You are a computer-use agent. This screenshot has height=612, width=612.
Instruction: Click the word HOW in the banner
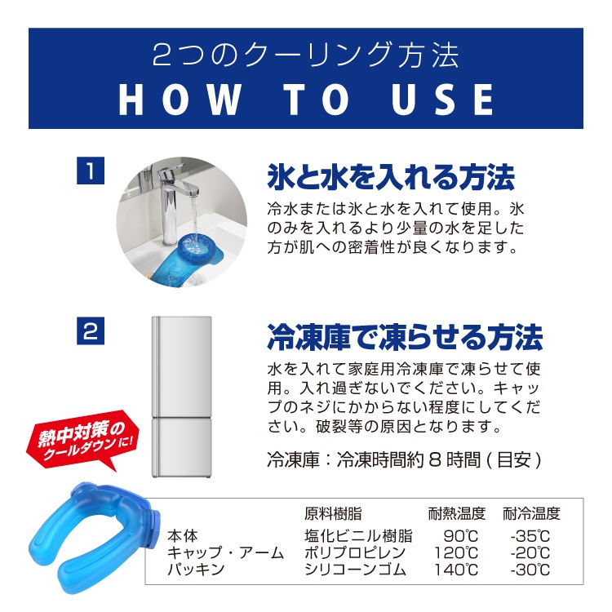(180, 100)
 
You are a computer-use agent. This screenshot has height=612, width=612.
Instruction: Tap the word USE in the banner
(442, 100)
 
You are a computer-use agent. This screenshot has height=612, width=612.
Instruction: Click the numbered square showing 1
(91, 171)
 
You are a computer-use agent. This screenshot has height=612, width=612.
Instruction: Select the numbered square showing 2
(91, 331)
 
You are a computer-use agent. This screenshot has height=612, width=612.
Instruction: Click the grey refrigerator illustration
(182, 397)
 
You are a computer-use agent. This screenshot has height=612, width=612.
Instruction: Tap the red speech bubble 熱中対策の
(82, 440)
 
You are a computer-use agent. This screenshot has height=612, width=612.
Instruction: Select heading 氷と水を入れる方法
(391, 178)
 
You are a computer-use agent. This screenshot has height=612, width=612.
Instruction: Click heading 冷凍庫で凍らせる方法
(405, 337)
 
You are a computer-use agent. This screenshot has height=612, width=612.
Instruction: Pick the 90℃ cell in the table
(460, 536)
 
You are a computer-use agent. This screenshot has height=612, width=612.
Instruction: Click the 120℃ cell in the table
(456, 552)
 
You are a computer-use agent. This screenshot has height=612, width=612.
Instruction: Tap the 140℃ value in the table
(456, 570)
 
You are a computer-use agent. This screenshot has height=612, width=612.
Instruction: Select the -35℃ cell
(530, 536)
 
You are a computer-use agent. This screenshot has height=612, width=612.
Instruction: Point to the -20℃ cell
(530, 552)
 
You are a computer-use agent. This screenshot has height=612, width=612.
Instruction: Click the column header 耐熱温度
(457, 513)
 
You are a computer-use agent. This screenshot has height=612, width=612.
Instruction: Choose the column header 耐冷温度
(531, 513)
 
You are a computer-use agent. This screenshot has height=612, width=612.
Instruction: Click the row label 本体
(183, 536)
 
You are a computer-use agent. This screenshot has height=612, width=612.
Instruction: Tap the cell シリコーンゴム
(355, 570)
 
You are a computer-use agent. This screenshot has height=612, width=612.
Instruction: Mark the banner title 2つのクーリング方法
(306, 55)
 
